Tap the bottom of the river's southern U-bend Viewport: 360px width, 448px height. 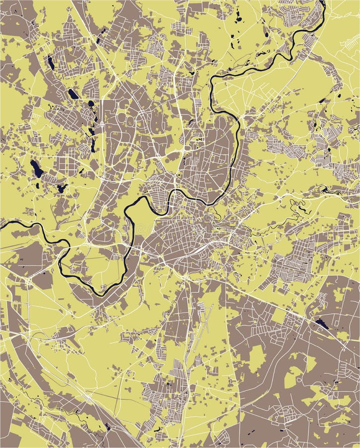point(100,294)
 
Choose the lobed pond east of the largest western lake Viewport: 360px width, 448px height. point(61,188)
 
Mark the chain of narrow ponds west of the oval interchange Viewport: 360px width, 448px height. point(92,134)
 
